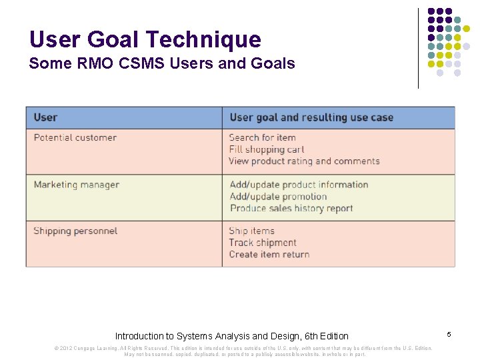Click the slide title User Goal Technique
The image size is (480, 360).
click(x=145, y=39)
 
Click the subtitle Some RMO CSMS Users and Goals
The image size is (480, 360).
click(x=161, y=64)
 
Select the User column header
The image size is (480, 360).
click(x=45, y=117)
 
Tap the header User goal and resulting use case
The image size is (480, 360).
click(x=311, y=117)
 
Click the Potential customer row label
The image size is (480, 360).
click(x=75, y=138)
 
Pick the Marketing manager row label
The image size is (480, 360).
click(x=77, y=185)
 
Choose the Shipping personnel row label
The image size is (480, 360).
click(x=75, y=231)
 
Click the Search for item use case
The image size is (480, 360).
click(x=262, y=138)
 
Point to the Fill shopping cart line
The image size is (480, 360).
click(x=266, y=149)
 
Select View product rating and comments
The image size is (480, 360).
click(x=304, y=161)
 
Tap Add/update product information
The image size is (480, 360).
click(x=299, y=185)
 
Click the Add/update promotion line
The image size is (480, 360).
click(x=278, y=197)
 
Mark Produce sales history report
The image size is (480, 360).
click(x=291, y=208)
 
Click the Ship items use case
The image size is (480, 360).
click(x=251, y=231)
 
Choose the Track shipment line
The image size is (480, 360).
click(x=263, y=243)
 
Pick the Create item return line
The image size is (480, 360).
click(x=269, y=254)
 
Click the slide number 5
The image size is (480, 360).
click(x=449, y=333)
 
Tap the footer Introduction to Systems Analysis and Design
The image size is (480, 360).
click(x=231, y=336)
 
